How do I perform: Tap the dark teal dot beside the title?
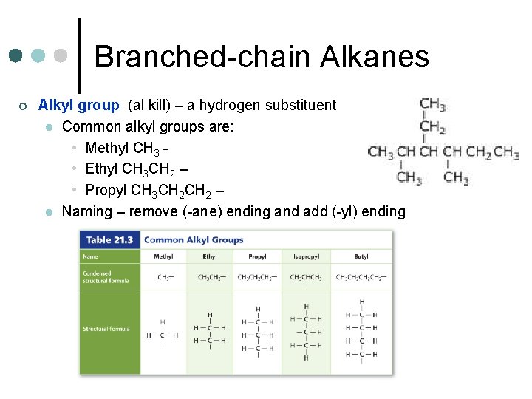[16, 55]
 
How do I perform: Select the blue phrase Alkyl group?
[78, 106]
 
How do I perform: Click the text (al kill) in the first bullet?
[151, 106]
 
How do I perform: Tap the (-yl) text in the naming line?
[344, 212]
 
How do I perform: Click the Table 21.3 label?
[109, 240]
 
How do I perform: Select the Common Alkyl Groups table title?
[194, 240]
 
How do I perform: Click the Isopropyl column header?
[305, 256]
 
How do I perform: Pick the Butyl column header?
[361, 256]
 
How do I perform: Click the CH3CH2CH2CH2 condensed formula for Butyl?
[361, 277]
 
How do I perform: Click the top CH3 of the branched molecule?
[432, 103]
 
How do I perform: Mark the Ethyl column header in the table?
[210, 256]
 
